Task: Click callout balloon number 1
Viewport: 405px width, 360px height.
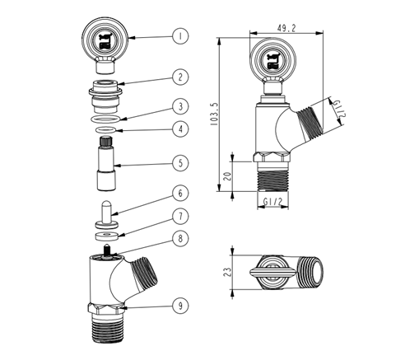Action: tap(180, 36)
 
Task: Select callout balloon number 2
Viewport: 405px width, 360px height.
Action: tap(180, 77)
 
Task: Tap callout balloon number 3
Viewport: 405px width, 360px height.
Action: tap(180, 106)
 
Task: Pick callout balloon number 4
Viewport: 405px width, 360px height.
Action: tap(180, 129)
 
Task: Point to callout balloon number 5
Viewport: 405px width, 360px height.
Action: tap(180, 163)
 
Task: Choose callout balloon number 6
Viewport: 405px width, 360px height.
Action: tap(180, 193)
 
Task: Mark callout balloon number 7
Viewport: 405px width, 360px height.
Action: tap(180, 216)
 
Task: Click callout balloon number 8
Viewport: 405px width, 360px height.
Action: tap(180, 238)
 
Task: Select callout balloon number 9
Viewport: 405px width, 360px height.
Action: tap(180, 306)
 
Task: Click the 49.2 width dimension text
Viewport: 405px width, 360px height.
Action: tap(286, 28)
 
